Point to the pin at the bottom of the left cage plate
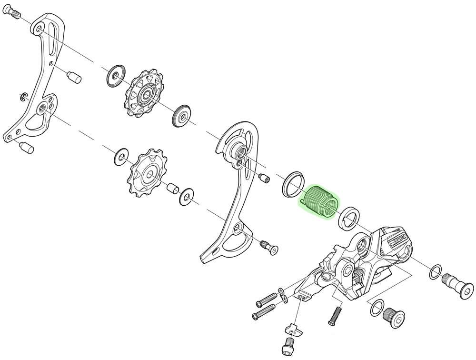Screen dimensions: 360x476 26,147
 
